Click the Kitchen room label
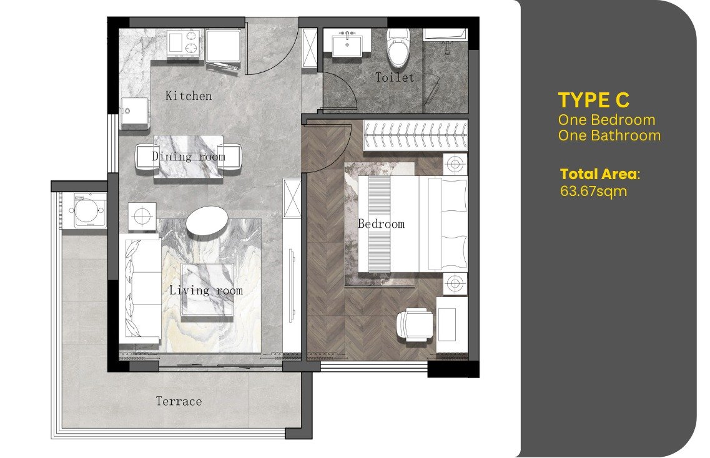click(x=189, y=95)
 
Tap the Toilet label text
click(x=395, y=77)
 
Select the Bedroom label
click(x=382, y=223)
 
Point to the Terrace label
click(x=179, y=401)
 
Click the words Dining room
click(x=189, y=157)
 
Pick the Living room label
click(x=206, y=290)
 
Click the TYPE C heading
click(x=594, y=100)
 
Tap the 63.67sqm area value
click(x=594, y=191)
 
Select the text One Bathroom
click(x=609, y=135)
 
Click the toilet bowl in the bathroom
click(x=398, y=47)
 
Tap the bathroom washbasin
click(x=347, y=44)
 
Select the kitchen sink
click(x=134, y=113)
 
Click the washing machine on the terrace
click(x=85, y=210)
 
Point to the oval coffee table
click(x=207, y=220)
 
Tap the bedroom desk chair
click(x=414, y=324)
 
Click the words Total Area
click(x=599, y=174)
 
